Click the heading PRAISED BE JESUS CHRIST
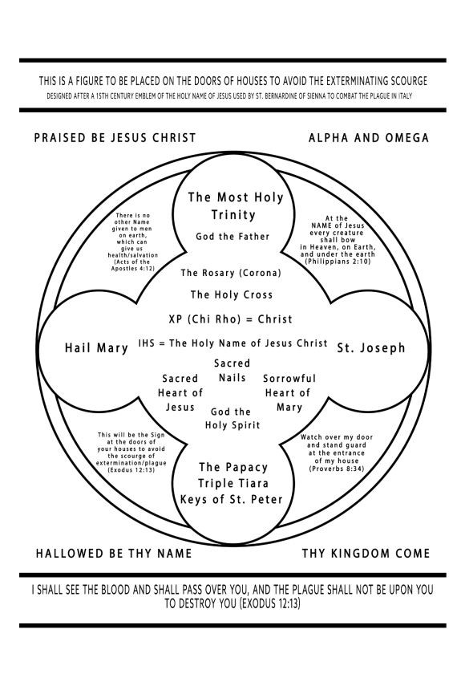(115, 138)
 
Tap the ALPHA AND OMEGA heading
(369, 138)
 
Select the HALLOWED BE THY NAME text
(114, 554)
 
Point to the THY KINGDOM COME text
(366, 554)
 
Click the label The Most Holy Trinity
(235, 205)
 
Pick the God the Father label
(233, 237)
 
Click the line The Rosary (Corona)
(231, 273)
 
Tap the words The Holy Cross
(232, 294)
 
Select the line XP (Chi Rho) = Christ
(230, 319)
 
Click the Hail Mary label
(96, 348)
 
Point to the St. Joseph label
(371, 347)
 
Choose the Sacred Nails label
(232, 371)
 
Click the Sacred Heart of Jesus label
(180, 393)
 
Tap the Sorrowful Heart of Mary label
(289, 393)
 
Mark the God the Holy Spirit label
(232, 418)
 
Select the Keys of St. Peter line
(232, 499)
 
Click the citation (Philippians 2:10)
(338, 262)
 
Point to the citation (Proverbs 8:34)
(337, 469)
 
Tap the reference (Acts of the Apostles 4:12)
(131, 265)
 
